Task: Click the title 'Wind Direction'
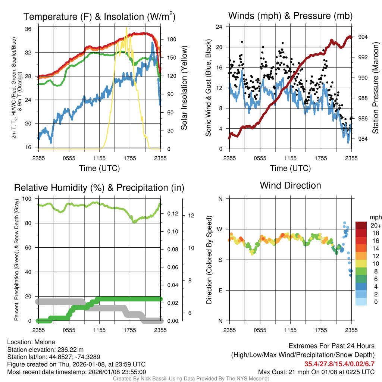coord(290,185)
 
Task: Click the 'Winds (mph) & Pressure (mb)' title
coord(290,16)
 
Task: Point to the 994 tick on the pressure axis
coord(362,37)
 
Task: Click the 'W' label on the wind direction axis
coord(220,229)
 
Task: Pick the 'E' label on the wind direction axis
coord(220,290)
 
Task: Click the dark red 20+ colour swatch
coord(362,225)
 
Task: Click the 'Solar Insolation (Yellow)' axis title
coord(184,88)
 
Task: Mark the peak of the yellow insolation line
coord(126,28)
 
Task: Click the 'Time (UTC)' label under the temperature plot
coord(99,168)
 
